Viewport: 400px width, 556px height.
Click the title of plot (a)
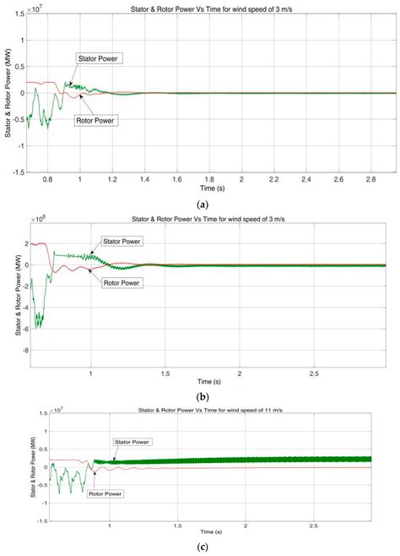212,8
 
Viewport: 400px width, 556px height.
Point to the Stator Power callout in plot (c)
132,442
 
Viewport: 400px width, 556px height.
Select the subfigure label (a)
203,204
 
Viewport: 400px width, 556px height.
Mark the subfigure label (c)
203,547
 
